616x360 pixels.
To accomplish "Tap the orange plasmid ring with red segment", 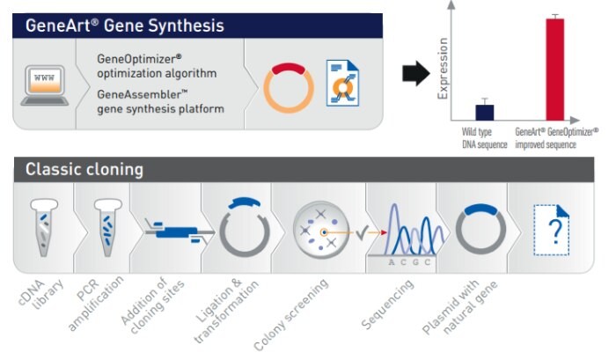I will pyautogui.click(x=289, y=86).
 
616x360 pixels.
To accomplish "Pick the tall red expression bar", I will pyautogui.click(x=554, y=69).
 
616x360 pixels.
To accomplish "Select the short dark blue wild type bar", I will pyautogui.click(x=485, y=112).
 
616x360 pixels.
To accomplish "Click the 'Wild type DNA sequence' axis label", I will pyautogui.click(x=485, y=138).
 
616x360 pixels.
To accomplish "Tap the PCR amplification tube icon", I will pyautogui.click(x=107, y=226).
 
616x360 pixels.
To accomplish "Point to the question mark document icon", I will pyautogui.click(x=552, y=231).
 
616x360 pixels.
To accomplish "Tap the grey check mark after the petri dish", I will pyautogui.click(x=361, y=233).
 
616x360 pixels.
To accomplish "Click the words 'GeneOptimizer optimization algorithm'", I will pyautogui.click(x=158, y=66).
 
